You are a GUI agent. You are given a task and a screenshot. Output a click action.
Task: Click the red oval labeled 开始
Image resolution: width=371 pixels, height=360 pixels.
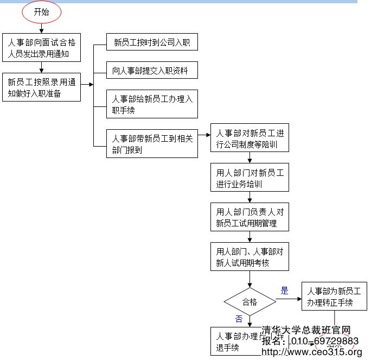[x=42, y=12]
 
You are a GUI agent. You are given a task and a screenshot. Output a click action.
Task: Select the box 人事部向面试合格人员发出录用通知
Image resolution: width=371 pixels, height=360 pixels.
[x=42, y=48]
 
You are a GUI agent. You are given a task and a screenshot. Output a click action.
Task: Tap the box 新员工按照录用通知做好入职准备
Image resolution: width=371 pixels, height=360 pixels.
[x=42, y=87]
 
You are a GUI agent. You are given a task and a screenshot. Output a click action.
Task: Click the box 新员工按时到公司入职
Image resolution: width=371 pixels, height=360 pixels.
[x=152, y=42]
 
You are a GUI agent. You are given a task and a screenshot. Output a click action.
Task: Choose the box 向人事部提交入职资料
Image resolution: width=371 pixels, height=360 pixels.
[x=152, y=70]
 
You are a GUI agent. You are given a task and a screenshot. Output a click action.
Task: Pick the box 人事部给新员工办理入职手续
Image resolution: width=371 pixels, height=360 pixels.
[x=152, y=104]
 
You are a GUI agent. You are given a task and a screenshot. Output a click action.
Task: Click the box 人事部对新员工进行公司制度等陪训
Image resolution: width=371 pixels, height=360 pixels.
[x=250, y=138]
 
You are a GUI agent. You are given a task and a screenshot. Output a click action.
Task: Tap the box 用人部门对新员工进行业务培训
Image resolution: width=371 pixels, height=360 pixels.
[x=250, y=178]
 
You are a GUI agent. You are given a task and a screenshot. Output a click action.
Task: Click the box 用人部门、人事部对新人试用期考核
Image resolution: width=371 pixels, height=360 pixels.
[x=250, y=257]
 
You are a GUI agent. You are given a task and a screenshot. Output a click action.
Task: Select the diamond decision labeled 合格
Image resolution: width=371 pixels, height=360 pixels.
[x=250, y=301]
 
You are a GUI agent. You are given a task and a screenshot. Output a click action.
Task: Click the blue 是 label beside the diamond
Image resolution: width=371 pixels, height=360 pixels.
[x=284, y=290]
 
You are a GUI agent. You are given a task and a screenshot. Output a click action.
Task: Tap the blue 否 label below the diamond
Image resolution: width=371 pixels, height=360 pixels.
[x=239, y=319]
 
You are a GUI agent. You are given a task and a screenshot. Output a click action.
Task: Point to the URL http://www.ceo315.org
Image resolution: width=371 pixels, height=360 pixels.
[x=311, y=352]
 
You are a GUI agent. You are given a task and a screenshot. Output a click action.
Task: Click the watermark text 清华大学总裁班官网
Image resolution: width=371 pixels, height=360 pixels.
[x=306, y=330]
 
